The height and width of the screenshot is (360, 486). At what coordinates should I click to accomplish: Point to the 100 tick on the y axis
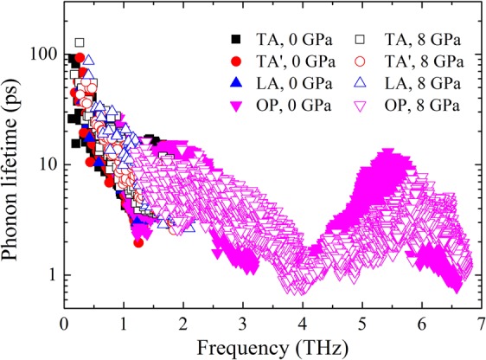tap(40, 54)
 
